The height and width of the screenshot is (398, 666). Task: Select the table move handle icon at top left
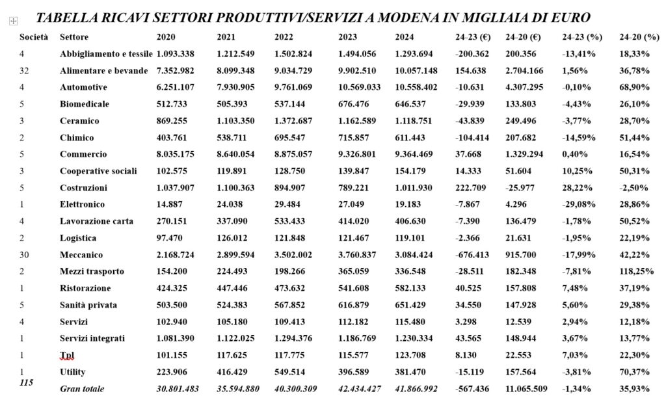[12, 21]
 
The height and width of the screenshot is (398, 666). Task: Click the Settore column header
[74, 37]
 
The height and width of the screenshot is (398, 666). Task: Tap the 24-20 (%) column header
[639, 37]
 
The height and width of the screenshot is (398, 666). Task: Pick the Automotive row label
[83, 87]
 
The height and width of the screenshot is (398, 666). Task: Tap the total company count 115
[27, 382]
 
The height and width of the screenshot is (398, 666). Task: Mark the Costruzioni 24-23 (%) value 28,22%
[577, 188]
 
